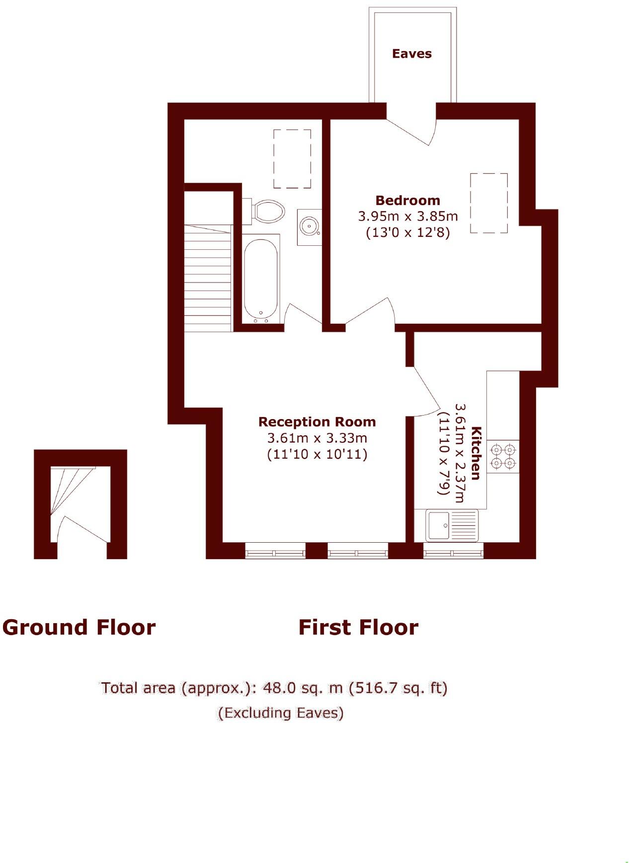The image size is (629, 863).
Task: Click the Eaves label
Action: [411, 54]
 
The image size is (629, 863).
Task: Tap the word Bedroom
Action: [407, 201]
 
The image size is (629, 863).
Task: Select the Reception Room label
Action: [317, 422]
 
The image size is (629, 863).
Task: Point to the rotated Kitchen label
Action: [476, 453]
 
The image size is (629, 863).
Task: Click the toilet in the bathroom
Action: [267, 211]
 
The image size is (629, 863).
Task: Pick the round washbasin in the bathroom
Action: [309, 227]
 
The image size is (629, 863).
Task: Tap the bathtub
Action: [261, 279]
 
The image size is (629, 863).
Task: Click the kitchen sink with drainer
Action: [452, 525]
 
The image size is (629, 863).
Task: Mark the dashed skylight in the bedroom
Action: [489, 203]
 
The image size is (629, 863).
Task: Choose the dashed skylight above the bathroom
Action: [292, 159]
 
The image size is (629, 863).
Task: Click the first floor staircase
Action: [208, 278]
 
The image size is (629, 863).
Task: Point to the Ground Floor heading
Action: [79, 628]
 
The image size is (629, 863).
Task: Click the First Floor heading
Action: [358, 628]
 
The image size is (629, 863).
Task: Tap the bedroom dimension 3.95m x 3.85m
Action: [408, 216]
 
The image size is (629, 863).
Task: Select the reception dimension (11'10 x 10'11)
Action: [317, 454]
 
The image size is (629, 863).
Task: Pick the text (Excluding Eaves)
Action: [281, 713]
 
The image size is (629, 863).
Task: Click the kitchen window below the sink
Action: [453, 551]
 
